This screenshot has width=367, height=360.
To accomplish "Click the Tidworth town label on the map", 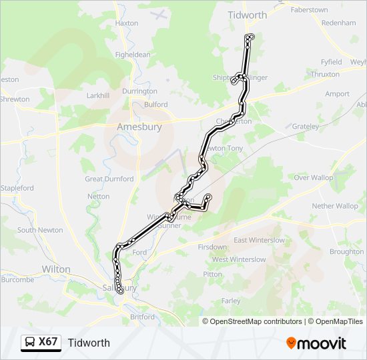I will coord(247,15).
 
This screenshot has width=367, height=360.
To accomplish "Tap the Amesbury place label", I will coord(139,127).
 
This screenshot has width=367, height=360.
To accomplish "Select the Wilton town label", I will coord(55,269).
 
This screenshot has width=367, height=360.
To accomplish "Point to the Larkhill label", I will coord(98,95).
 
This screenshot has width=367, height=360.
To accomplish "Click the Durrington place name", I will coord(139,91).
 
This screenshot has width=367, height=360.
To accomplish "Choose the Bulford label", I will coord(155,105).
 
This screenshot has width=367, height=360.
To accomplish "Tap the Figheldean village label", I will coord(133,55).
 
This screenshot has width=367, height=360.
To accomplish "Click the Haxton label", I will coord(127,23).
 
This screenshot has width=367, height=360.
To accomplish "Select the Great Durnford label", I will coord(109,179).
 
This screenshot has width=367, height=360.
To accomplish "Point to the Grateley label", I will coord(306,126).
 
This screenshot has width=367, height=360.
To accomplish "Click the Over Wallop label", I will coord(314,178).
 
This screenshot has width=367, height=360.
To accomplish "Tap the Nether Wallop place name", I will coord(335,206).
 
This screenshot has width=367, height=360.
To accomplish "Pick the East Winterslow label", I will coord(260,240).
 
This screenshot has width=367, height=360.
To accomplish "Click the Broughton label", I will coord(346,252).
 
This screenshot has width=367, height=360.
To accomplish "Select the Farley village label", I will coord(231,301).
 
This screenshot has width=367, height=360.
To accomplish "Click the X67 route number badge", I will coord(41,343).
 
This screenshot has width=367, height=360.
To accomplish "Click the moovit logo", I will coord(316,343).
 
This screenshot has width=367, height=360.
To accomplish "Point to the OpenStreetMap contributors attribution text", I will coord(252,321).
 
